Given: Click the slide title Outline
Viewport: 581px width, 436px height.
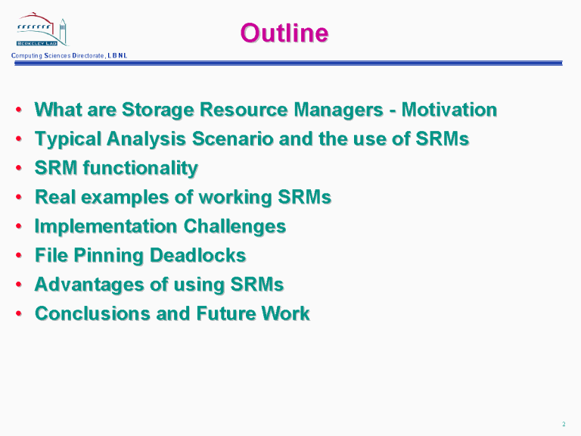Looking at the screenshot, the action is (x=284, y=33).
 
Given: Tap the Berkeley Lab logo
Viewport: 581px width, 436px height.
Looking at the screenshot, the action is (x=42, y=30).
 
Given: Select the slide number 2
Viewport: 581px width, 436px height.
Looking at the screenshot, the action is (x=564, y=424).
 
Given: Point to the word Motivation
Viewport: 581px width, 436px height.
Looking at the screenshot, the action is (x=449, y=110).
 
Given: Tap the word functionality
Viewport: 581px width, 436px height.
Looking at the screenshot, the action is (x=141, y=168).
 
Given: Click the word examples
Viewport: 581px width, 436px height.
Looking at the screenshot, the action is (x=125, y=198).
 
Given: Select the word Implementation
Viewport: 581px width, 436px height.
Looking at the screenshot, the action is (x=106, y=226).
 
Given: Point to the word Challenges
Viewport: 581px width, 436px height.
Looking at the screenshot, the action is (x=235, y=226).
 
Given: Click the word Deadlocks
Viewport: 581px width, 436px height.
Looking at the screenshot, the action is (x=198, y=255).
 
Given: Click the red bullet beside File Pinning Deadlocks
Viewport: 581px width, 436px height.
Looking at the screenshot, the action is (x=19, y=255).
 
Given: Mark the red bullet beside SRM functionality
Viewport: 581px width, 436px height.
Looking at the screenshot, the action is (x=19, y=168).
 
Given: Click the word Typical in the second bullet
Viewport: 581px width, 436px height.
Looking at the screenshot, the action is (x=67, y=140).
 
